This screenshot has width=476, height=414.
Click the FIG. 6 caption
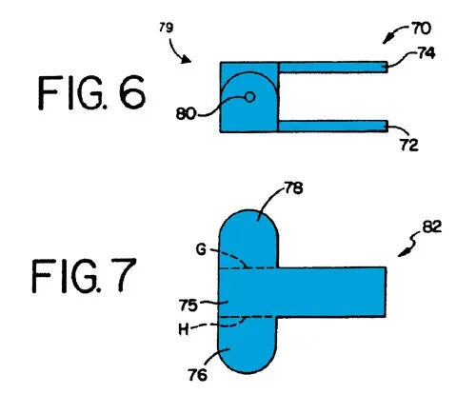coord(91,92)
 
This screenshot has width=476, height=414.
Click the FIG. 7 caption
coord(85,275)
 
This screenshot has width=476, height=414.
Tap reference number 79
coord(167,28)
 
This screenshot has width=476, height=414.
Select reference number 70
coord(422,29)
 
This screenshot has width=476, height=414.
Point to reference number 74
coord(426,53)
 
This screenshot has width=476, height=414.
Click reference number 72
coord(409,145)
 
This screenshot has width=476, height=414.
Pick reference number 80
coord(186,113)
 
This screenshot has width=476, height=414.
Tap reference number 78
coord(294,187)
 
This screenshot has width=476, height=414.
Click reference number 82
coord(432,227)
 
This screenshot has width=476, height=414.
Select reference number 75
coord(188,306)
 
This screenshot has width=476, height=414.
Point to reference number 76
coord(197,375)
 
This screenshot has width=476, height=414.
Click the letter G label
coord(201,249)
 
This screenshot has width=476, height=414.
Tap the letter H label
coord(184,329)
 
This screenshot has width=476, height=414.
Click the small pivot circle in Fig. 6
coord(250,97)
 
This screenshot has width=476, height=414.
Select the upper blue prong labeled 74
coord(333,68)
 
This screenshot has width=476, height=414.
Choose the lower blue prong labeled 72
coord(333,126)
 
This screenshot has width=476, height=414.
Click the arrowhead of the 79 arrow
coord(187,60)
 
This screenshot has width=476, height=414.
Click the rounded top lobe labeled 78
coord(248,239)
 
